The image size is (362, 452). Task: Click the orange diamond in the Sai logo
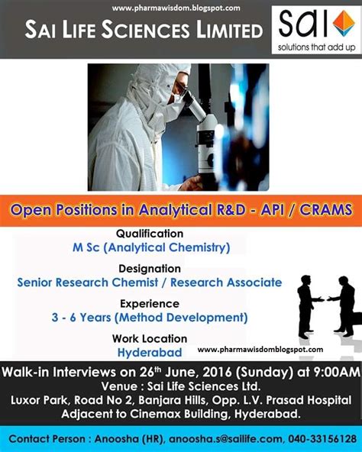(x=344, y=23)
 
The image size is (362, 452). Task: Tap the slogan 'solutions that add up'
(x=316, y=47)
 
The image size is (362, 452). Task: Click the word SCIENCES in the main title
(x=146, y=31)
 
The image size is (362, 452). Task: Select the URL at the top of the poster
(x=176, y=8)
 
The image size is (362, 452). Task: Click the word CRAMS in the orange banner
(x=325, y=209)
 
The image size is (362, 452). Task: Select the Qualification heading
(x=150, y=234)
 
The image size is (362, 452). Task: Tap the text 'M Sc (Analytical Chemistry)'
(x=151, y=247)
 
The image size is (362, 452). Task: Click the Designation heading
(x=150, y=269)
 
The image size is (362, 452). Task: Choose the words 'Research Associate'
(x=226, y=282)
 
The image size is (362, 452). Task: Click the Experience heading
(x=150, y=304)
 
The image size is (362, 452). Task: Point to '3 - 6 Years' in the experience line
(x=82, y=318)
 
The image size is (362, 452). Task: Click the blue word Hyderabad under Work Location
(x=150, y=353)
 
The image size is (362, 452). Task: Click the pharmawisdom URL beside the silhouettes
(x=260, y=350)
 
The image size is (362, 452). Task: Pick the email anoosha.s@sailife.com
(x=225, y=439)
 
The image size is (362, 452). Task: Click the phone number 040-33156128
(x=322, y=439)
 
